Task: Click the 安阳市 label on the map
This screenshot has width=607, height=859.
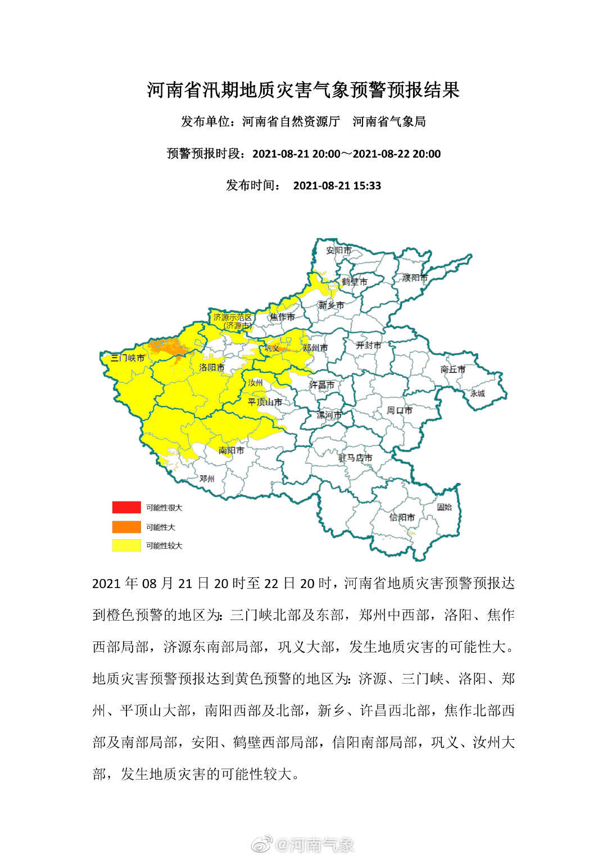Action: pyautogui.click(x=339, y=250)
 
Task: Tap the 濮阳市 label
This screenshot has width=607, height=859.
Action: pyautogui.click(x=415, y=278)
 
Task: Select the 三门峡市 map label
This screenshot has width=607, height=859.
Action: pyautogui.click(x=128, y=358)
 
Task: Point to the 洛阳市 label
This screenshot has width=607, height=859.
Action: pyautogui.click(x=212, y=367)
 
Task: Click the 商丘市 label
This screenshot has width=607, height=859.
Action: pyautogui.click(x=453, y=369)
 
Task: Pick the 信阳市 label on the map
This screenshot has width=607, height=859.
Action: pyautogui.click(x=402, y=517)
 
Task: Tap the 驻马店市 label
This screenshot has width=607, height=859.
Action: pyautogui.click(x=355, y=458)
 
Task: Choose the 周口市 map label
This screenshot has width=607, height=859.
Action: pyautogui.click(x=399, y=410)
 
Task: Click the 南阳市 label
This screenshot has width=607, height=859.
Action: pyautogui.click(x=231, y=450)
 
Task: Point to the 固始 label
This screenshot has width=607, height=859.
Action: pyautogui.click(x=444, y=507)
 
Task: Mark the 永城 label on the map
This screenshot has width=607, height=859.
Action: pyautogui.click(x=477, y=394)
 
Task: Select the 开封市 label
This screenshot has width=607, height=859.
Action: pyautogui.click(x=368, y=345)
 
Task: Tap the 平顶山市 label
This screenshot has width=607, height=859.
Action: pyautogui.click(x=265, y=402)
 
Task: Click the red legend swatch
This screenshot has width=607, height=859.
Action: pyautogui.click(x=126, y=507)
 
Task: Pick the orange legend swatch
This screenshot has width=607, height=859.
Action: pyautogui.click(x=126, y=527)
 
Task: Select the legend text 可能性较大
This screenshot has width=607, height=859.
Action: pyautogui.click(x=164, y=545)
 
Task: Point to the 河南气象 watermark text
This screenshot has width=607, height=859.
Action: pyautogui.click(x=315, y=844)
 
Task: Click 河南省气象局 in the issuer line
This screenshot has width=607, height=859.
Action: pyautogui.click(x=389, y=121)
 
